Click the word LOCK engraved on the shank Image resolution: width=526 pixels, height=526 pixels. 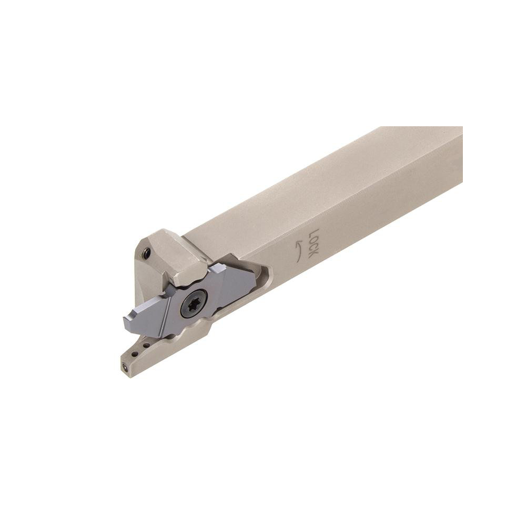tap(311, 244)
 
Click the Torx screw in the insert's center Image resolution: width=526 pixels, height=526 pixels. tap(194, 304)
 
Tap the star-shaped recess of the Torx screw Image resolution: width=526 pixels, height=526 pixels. tap(194, 304)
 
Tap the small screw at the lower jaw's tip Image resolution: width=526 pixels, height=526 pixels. tap(125, 368)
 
